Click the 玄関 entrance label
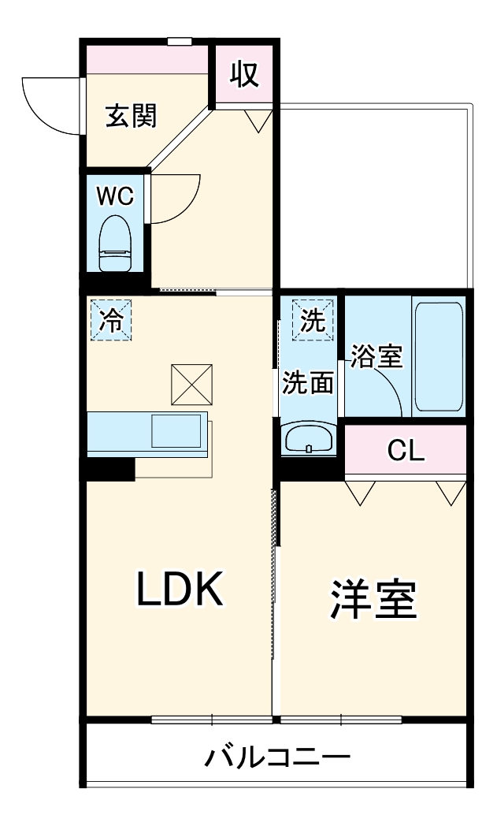pyautogui.click(x=132, y=116)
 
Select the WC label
pyautogui.click(x=115, y=196)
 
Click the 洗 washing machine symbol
pyautogui.click(x=313, y=318)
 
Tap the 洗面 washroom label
pyautogui.click(x=308, y=382)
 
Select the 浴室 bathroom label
pyautogui.click(x=376, y=357)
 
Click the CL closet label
pyautogui.click(x=406, y=452)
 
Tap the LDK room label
pyautogui.click(x=182, y=590)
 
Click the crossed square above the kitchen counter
pyautogui.click(x=191, y=384)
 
